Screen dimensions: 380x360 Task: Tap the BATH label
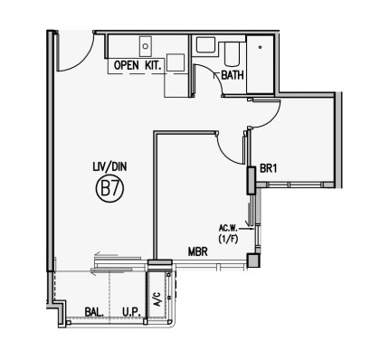[x=233, y=75]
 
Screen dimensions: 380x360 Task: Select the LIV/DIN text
[x=109, y=166]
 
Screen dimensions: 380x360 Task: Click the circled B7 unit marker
[x=109, y=189]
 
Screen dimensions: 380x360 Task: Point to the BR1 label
[x=268, y=168]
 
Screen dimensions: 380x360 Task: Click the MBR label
[x=198, y=251]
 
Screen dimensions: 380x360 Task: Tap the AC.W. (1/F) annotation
[x=229, y=233]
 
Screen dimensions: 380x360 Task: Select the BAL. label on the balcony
[x=94, y=312]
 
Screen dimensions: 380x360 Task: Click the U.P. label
[x=131, y=312]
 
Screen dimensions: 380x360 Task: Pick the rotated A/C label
[x=157, y=299]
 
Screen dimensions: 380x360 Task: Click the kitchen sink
[x=146, y=46]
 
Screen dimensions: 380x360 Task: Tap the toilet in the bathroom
[x=232, y=54]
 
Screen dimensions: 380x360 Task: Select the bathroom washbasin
[x=205, y=45]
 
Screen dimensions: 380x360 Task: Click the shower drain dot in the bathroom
[x=261, y=47]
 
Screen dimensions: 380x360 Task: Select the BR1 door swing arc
[x=272, y=119]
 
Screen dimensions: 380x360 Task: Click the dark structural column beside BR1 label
[x=251, y=180]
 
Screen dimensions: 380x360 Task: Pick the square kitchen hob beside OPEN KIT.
[x=176, y=62]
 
